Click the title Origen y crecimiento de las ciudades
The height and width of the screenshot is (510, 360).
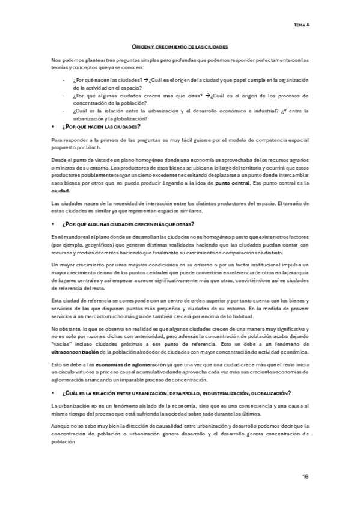[x=180, y=46]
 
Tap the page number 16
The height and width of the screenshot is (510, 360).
[x=305, y=476]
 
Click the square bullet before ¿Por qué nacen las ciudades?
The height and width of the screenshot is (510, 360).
[x=54, y=127]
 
